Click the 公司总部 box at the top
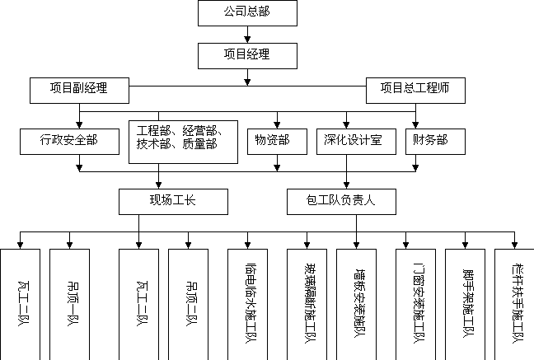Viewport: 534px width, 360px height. tap(247, 13)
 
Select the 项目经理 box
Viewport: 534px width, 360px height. tap(247, 55)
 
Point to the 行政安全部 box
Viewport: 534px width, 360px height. tap(69, 140)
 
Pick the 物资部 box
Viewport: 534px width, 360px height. tap(272, 140)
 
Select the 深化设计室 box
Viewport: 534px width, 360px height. tap(355, 140)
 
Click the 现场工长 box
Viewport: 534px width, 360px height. tap(172, 201)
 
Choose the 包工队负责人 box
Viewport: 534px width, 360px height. tap(341, 201)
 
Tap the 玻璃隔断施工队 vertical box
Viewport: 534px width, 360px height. tap(307, 303)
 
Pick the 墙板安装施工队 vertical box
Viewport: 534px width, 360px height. tap(358, 303)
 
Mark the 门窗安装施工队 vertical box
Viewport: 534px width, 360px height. tap(417, 303)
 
